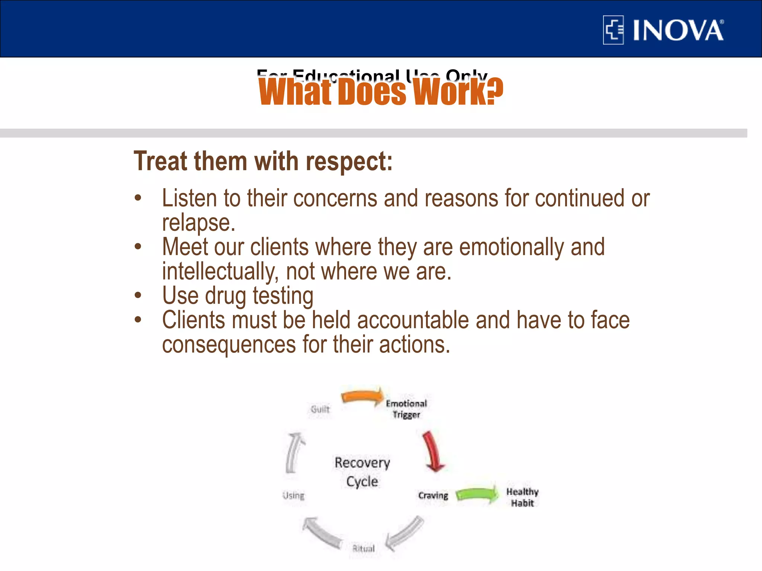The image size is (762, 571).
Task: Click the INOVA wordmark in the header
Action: [x=678, y=30]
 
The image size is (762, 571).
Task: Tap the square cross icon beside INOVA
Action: [x=613, y=30]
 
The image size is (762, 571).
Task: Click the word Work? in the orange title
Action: [x=458, y=92]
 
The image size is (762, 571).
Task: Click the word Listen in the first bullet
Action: [x=189, y=198]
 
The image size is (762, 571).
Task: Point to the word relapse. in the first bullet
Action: [x=199, y=223]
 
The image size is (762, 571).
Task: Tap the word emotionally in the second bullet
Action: [x=511, y=247]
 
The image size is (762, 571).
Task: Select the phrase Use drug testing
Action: [x=237, y=296]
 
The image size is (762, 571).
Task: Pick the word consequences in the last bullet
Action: [x=229, y=345]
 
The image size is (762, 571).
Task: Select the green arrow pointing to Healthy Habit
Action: [x=477, y=494]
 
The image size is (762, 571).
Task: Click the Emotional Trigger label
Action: [x=406, y=409]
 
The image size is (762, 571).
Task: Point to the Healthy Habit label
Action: [x=522, y=497]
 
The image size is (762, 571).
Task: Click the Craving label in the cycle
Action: [x=433, y=496]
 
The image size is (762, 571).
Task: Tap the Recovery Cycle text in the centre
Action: [x=362, y=472]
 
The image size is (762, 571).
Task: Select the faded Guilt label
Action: [x=320, y=409]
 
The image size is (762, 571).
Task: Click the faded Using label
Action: [x=293, y=496]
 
